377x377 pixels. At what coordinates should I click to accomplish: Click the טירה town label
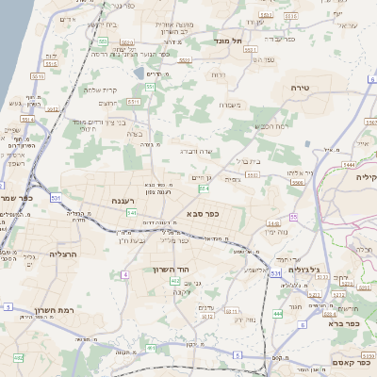315,87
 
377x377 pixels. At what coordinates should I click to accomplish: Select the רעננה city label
123,200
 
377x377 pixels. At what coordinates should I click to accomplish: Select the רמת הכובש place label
269,126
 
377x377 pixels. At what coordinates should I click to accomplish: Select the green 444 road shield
278,313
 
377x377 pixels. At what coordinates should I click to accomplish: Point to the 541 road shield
132,213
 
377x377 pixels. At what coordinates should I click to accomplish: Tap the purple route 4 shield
124,274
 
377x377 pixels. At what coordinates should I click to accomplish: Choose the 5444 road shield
349,164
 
